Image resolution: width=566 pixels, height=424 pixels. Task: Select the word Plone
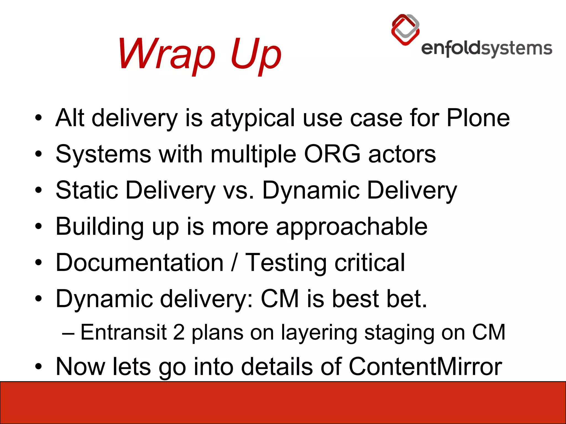click(x=478, y=118)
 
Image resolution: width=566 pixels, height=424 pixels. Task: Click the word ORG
click(x=332, y=154)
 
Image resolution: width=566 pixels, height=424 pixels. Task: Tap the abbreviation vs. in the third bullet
click(x=238, y=190)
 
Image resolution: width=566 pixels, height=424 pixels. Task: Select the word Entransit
click(x=124, y=332)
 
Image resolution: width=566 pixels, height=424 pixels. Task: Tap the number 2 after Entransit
click(x=179, y=332)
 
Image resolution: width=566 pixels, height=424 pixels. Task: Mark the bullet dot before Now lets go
click(x=38, y=367)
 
